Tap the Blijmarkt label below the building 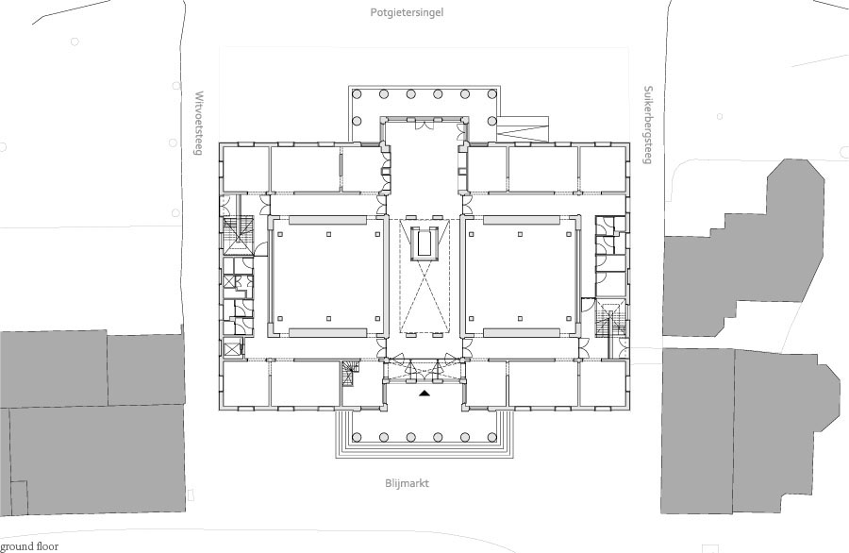tap(408, 483)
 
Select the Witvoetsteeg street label tap(199, 124)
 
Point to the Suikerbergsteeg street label tap(647, 125)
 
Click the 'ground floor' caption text tap(29, 546)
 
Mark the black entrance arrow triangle tap(425, 394)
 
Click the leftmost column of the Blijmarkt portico tap(357, 437)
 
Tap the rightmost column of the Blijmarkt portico tap(492, 437)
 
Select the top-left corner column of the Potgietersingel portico tap(357, 93)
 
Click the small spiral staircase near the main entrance tap(350, 375)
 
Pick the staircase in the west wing tap(239, 235)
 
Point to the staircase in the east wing tap(610, 321)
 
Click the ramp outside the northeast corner tap(523, 129)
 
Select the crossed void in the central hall tap(425, 297)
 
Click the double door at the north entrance tap(424, 125)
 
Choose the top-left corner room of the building tap(245, 169)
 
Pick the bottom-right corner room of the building tap(603, 383)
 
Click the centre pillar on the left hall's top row tap(328, 235)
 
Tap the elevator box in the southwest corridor tap(233, 348)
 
